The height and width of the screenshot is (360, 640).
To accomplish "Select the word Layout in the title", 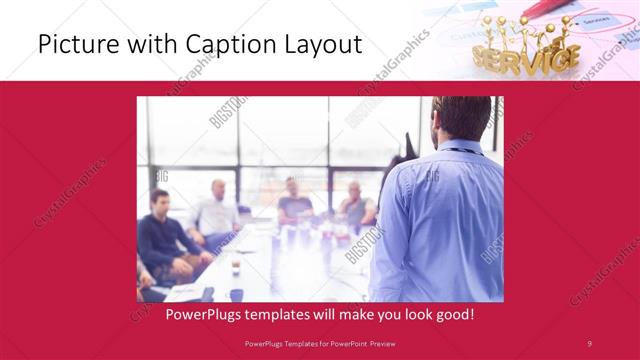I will click(322, 45).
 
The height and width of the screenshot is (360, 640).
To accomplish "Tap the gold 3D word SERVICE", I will click(526, 58).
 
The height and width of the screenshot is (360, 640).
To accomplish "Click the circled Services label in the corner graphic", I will click(596, 20).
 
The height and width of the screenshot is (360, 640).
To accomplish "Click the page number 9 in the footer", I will click(590, 344).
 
